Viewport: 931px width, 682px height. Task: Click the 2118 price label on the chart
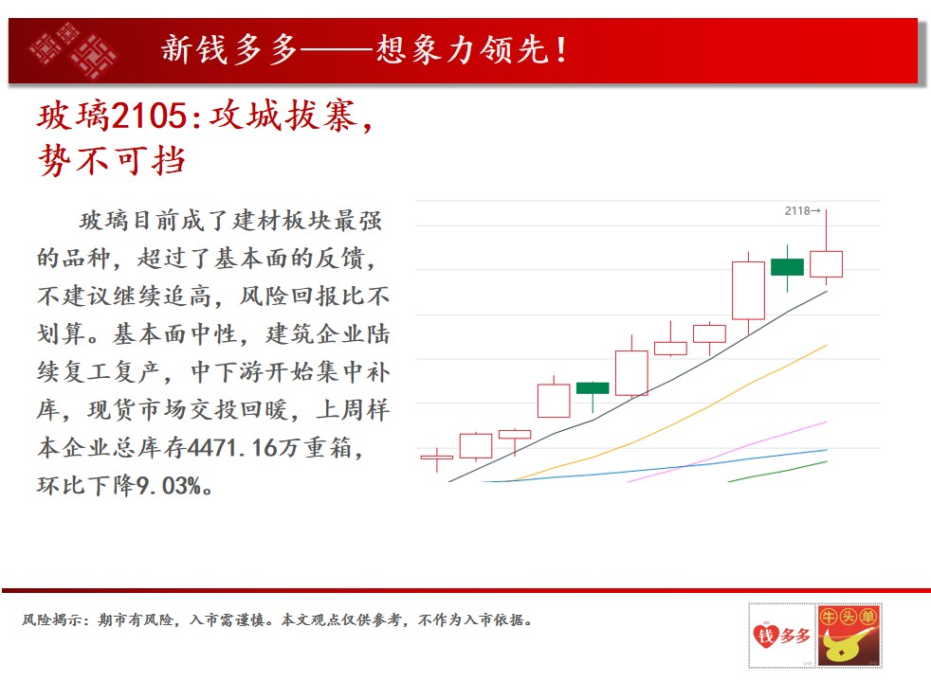[x=796, y=211]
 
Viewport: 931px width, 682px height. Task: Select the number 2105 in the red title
[x=149, y=115]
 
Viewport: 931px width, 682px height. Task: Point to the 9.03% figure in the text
[x=169, y=486]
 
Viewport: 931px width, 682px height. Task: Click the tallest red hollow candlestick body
[x=748, y=291]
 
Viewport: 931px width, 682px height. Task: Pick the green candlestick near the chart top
[x=787, y=267]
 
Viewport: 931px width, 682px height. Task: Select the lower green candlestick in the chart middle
[x=593, y=388]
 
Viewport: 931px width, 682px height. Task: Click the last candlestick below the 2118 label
[x=826, y=264]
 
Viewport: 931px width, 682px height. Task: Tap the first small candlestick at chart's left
[x=437, y=458]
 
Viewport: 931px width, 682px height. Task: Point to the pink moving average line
[x=727, y=452]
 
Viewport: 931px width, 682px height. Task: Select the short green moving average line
[x=777, y=472]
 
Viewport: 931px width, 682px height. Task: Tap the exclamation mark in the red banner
[x=561, y=49]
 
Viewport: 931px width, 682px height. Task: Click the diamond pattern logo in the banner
[x=74, y=50]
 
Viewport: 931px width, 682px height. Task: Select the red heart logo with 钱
[x=766, y=636]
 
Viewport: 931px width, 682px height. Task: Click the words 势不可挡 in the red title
[x=112, y=160]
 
